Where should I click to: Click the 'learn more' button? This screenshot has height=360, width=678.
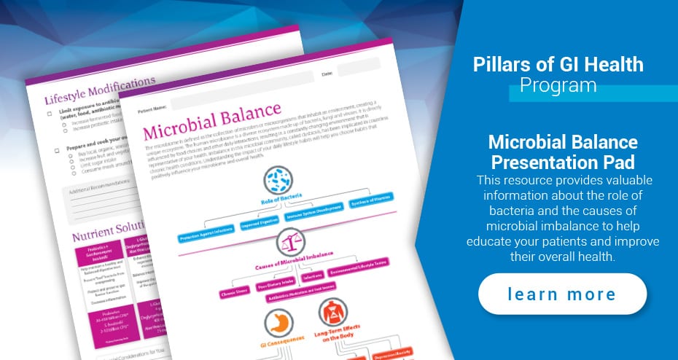pos(562,294)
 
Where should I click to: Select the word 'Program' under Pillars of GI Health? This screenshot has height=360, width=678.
pos(558,85)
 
